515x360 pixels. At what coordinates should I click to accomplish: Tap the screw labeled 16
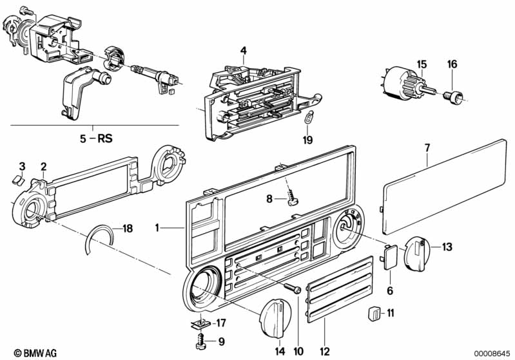pyautogui.click(x=456, y=97)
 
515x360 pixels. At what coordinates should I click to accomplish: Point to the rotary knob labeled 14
pyautogui.click(x=275, y=316)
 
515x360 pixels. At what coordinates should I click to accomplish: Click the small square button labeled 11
pyautogui.click(x=373, y=314)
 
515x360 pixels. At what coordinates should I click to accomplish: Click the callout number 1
pyautogui.click(x=157, y=227)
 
